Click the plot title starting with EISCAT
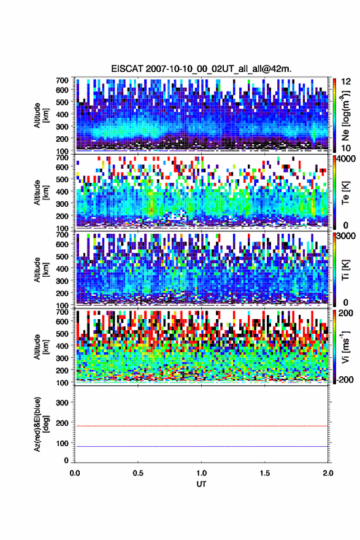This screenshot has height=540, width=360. tap(201, 69)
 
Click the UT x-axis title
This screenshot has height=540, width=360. tap(201, 484)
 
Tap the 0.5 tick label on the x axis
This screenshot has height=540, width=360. tap(138, 473)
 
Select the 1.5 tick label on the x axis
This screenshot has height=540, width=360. tap(265, 473)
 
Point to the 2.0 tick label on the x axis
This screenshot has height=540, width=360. tap(328, 473)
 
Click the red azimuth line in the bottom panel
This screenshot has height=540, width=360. tap(201, 426)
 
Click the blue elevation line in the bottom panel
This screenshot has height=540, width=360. tap(201, 446)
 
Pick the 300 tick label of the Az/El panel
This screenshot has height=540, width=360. tap(63, 403)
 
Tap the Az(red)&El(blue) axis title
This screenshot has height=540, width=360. tap(42, 424)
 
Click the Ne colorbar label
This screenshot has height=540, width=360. tap(345, 115)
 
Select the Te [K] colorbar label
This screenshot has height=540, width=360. tap(345, 193)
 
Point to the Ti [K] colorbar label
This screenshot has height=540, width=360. tap(345, 271)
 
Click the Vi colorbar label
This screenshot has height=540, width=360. tap(345, 347)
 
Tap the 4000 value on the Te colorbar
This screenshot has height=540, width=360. tap(345, 159)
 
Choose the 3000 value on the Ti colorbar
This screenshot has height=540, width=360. tap(345, 236)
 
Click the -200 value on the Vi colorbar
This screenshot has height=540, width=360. tap(345, 380)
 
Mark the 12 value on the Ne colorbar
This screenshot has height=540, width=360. tap(345, 82)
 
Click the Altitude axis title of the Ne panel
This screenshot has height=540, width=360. tap(42, 115)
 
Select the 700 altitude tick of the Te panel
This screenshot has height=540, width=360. tap(63, 157)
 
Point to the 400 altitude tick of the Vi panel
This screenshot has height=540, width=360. tap(63, 346)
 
